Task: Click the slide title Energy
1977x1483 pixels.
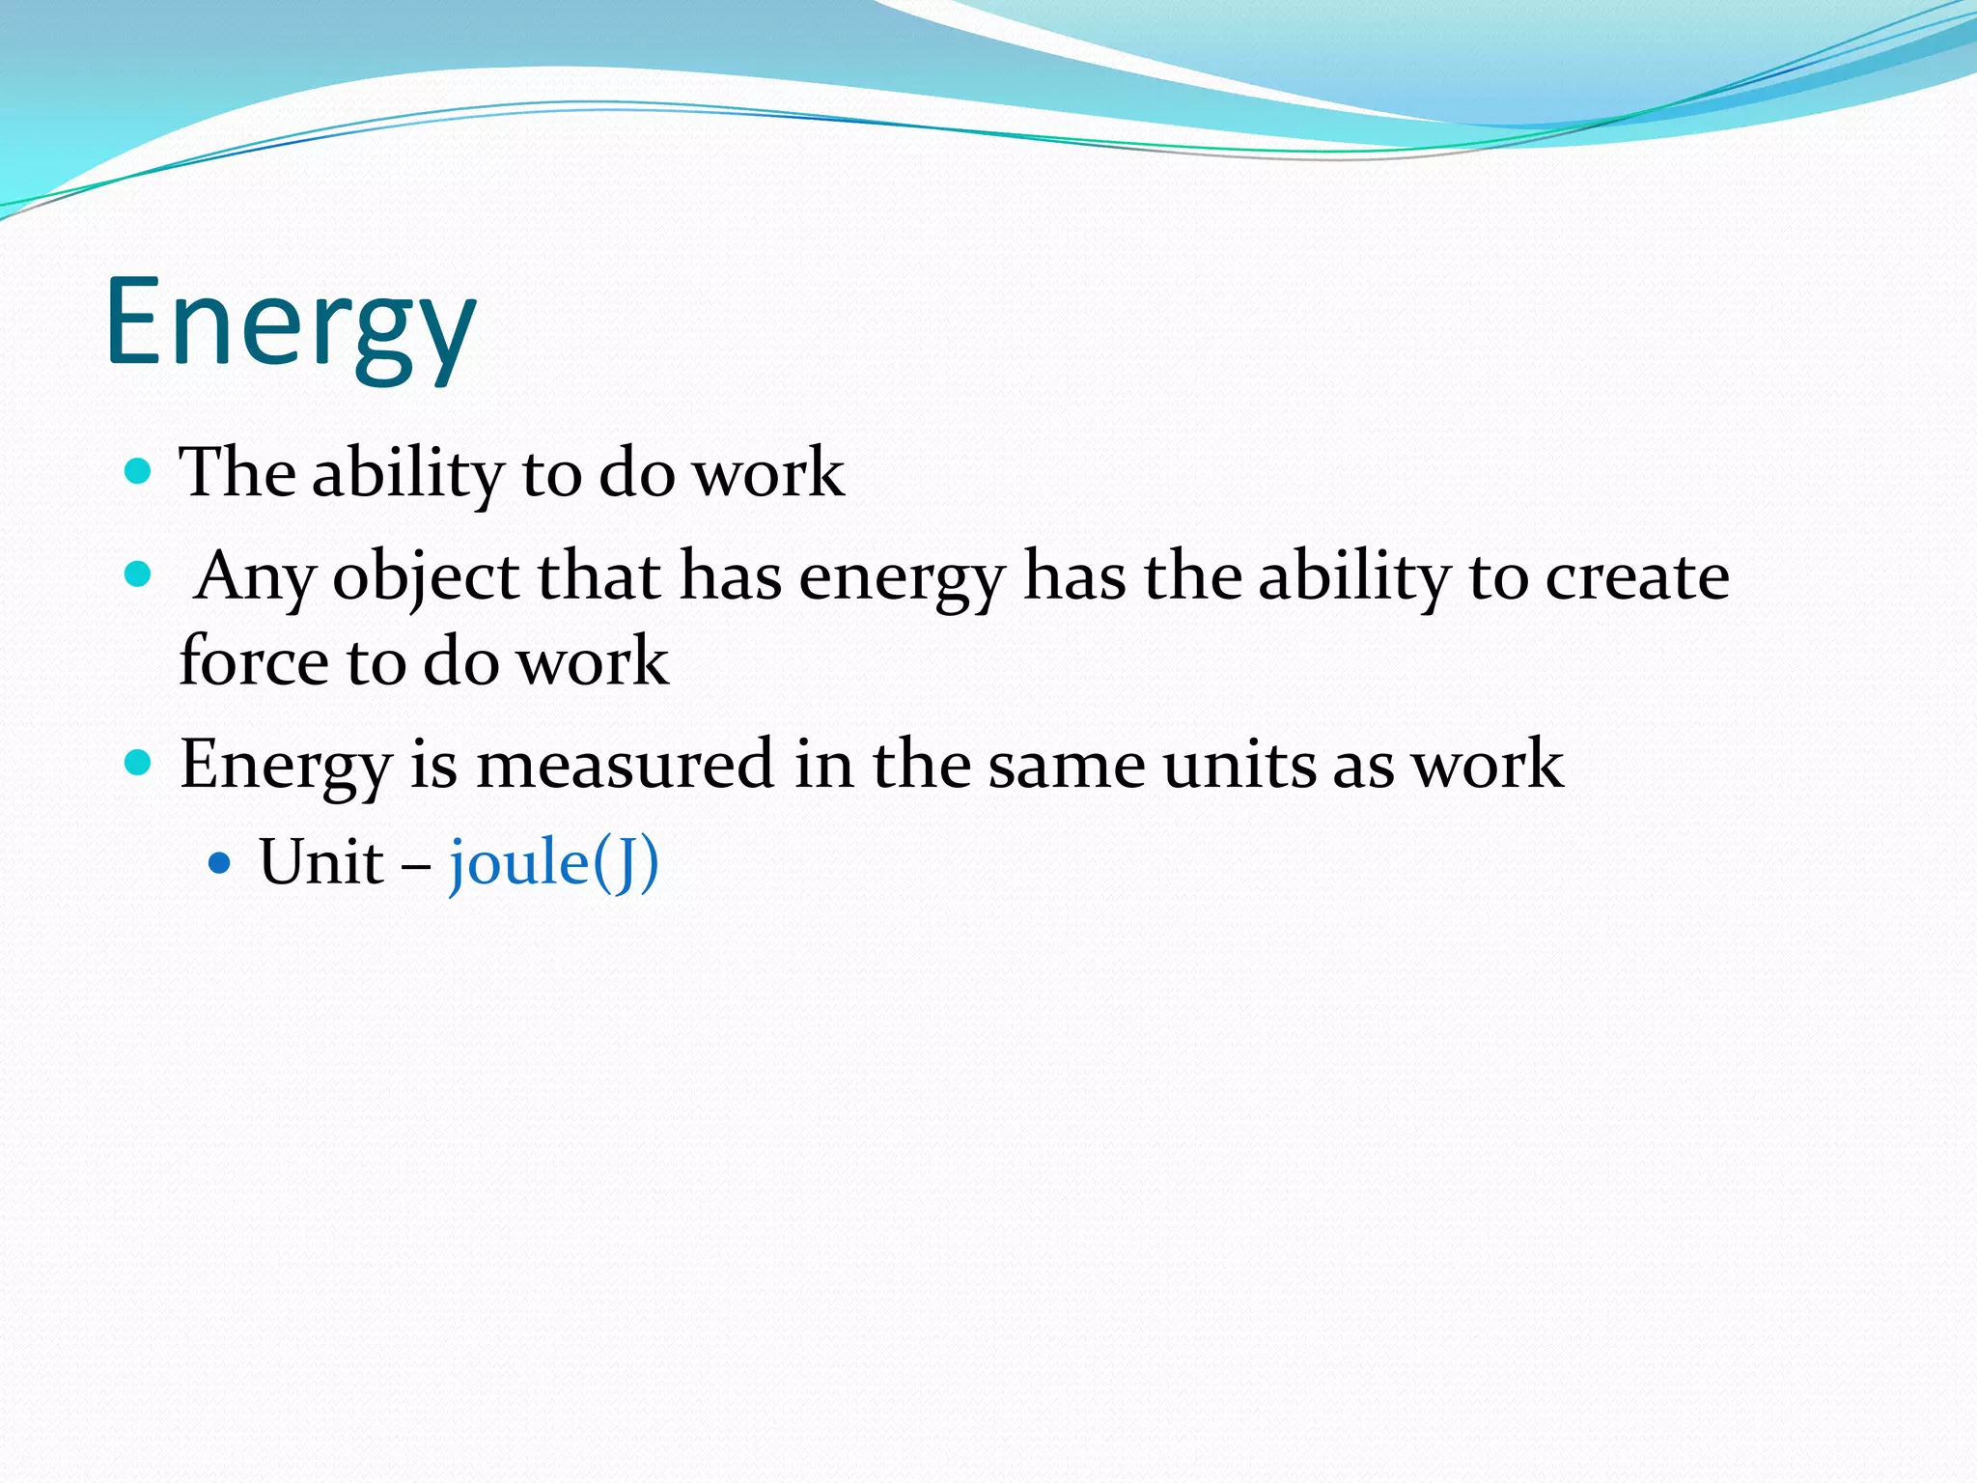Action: point(290,323)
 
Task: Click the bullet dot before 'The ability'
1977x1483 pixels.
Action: point(139,471)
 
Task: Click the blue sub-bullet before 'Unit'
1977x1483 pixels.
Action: point(220,862)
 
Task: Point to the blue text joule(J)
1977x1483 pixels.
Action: point(553,862)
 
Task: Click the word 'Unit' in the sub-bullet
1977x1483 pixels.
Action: point(321,861)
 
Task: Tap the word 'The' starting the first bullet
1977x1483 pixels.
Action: point(237,473)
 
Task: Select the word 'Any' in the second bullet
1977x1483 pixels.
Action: point(255,577)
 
